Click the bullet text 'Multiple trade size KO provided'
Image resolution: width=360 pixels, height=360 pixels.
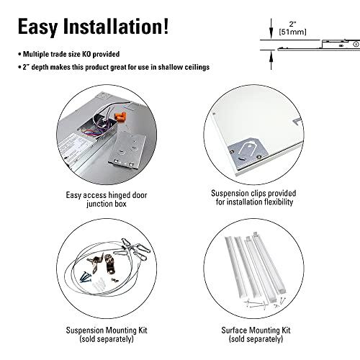72,54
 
